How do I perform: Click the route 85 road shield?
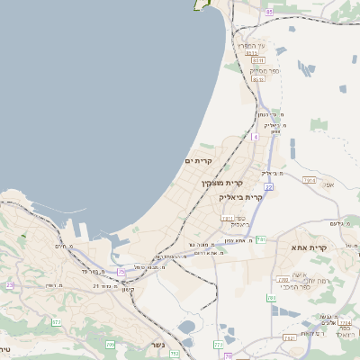click(x=269, y=12)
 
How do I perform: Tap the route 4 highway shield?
click(x=255, y=138)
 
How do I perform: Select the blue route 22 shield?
click(x=268, y=187)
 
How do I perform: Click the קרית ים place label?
click(x=198, y=161)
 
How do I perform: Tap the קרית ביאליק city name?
click(x=243, y=196)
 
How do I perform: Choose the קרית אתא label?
click(x=309, y=247)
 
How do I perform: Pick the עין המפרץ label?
click(x=251, y=46)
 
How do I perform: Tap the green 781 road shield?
click(x=261, y=238)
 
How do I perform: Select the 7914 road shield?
click(x=309, y=181)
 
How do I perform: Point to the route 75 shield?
click(x=122, y=271)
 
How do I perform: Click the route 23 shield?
click(x=10, y=285)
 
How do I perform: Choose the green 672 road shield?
click(x=57, y=321)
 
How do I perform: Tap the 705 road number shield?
click(x=111, y=344)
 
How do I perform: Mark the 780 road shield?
click(x=271, y=297)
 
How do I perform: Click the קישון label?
click(x=127, y=290)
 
